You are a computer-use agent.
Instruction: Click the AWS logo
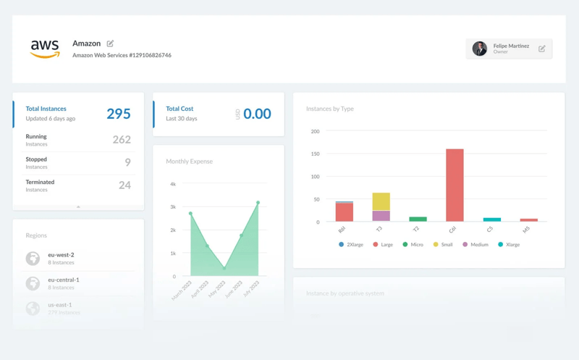tap(45, 49)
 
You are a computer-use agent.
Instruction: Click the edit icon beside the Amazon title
tap(111, 43)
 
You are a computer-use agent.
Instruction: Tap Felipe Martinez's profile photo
tap(479, 49)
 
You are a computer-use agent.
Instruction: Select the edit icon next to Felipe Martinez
tap(541, 49)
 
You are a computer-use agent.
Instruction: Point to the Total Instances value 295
tap(119, 114)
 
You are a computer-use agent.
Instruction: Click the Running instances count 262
tap(122, 140)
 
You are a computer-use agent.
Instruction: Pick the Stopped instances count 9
tap(127, 163)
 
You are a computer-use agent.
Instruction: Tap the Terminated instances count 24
tap(124, 185)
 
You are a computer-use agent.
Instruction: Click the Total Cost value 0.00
tap(257, 114)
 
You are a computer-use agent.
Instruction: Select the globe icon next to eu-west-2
tap(33, 259)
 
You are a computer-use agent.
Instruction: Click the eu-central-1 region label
tap(64, 280)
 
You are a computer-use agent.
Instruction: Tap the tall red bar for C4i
tap(455, 185)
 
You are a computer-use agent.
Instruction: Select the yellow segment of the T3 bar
tap(381, 201)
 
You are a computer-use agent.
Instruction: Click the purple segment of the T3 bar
tap(381, 216)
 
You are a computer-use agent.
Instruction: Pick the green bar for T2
tap(418, 219)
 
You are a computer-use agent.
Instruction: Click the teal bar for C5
tap(492, 219)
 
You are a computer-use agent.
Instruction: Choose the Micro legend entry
tap(413, 245)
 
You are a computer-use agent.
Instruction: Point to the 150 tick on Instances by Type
tap(315, 154)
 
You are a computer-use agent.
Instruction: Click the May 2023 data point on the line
tap(224, 268)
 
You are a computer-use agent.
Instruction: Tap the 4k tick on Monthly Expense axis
tap(172, 184)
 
